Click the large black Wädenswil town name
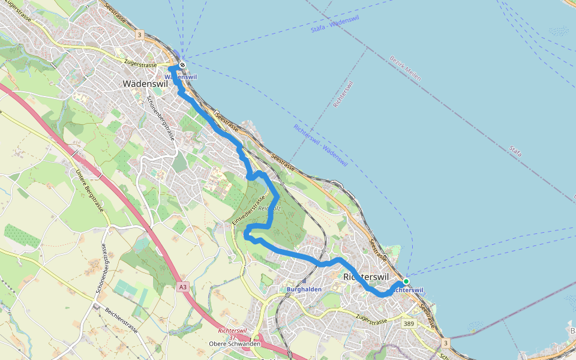(x=145, y=84)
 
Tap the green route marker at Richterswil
(x=406, y=281)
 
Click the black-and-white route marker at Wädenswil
(x=182, y=65)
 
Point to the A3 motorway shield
(x=182, y=288)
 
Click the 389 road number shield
(x=408, y=323)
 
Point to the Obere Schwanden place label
(x=235, y=344)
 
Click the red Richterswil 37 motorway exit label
(x=232, y=334)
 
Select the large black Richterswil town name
(x=366, y=277)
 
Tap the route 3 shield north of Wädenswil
(x=139, y=35)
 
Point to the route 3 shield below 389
(x=445, y=343)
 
